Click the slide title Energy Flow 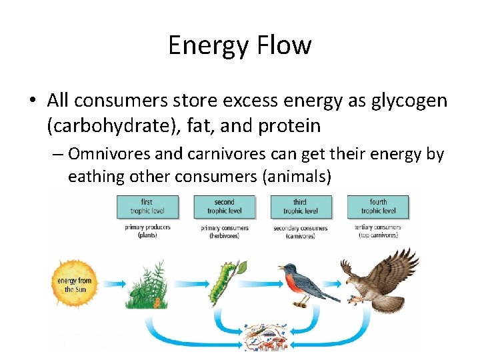[239, 45]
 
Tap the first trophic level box [147, 206]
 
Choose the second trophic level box [224, 206]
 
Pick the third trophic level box [300, 206]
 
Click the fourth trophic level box [378, 206]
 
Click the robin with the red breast [304, 283]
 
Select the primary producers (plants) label [147, 231]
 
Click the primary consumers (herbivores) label [224, 231]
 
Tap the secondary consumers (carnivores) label [300, 231]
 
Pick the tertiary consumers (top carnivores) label [378, 231]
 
